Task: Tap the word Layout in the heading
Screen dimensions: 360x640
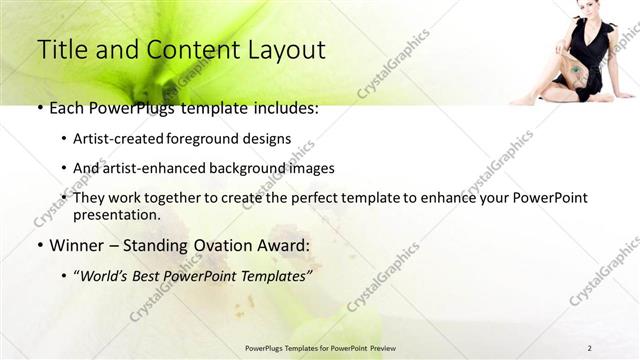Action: (x=281, y=49)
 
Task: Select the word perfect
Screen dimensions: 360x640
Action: (x=334, y=197)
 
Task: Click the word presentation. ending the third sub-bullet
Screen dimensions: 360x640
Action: (x=116, y=215)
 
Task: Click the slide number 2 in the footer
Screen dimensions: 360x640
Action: (x=589, y=348)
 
